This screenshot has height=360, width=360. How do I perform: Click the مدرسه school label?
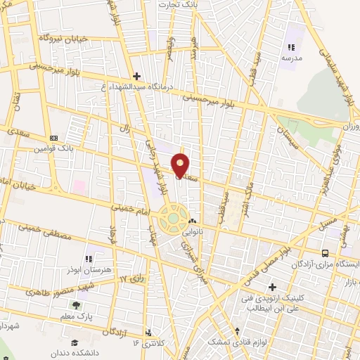tap(291, 59)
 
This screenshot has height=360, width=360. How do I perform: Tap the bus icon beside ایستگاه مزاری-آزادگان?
tap(324, 253)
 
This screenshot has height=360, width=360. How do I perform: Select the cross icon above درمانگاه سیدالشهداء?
tap(136, 75)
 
